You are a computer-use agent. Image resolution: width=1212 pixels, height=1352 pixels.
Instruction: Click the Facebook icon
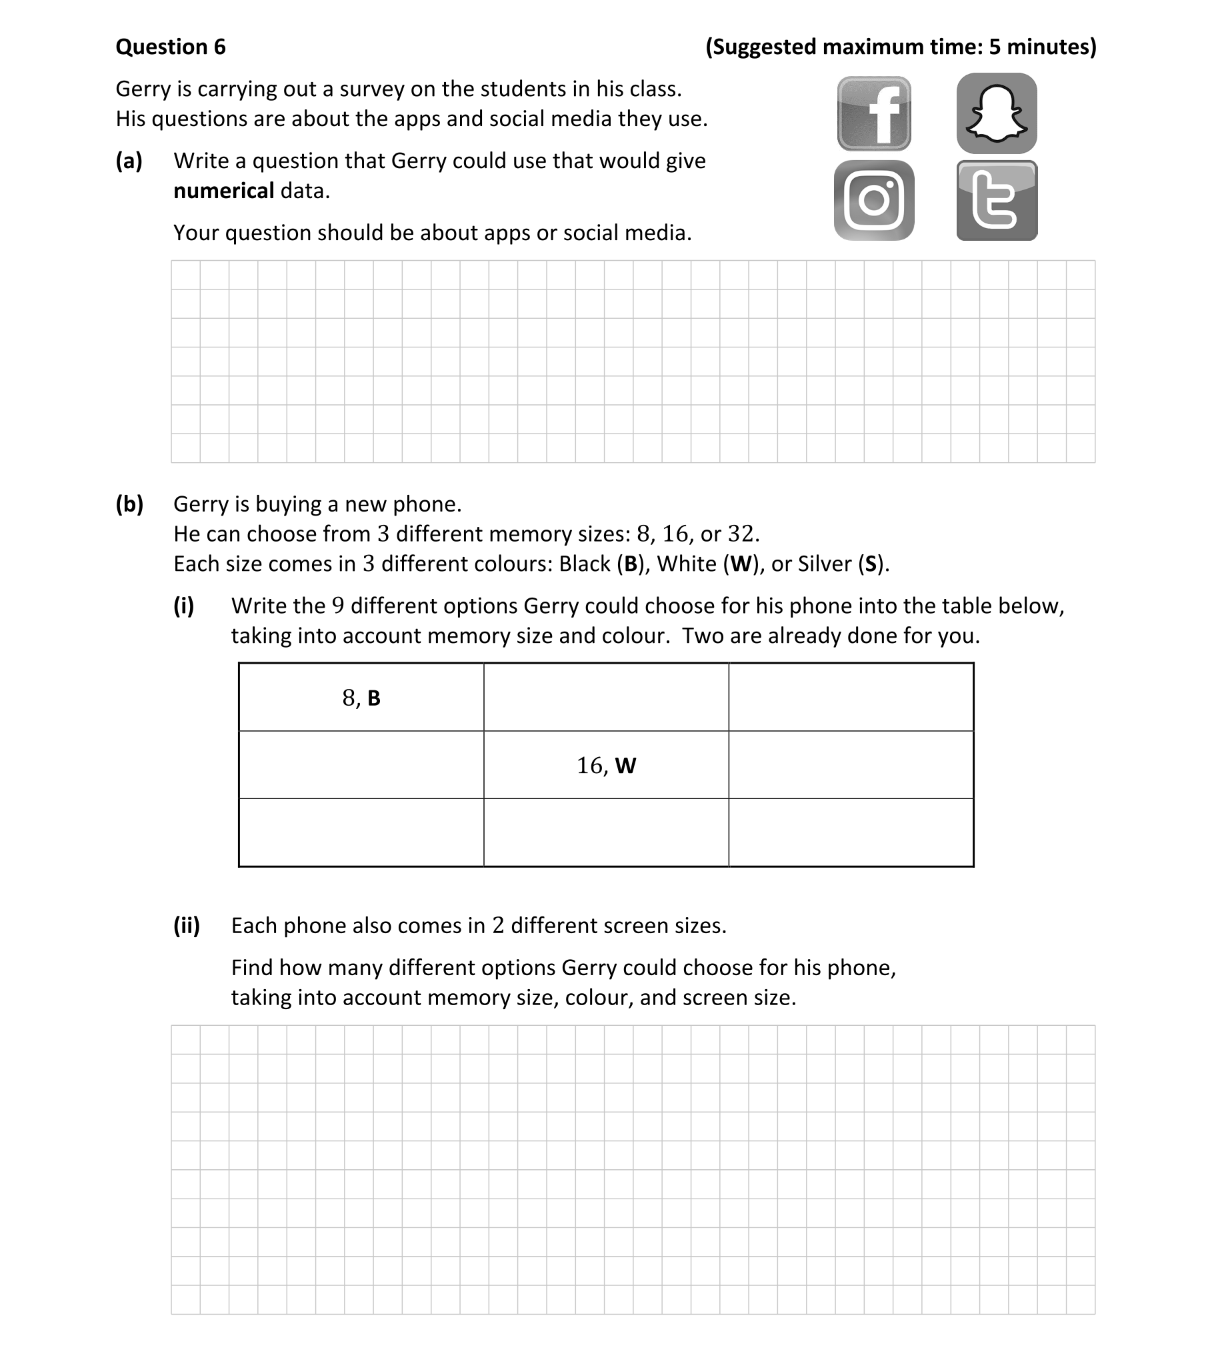click(874, 113)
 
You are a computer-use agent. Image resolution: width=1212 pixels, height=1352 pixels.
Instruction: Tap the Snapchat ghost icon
click(996, 113)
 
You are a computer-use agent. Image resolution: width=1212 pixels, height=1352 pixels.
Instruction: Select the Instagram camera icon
click(874, 200)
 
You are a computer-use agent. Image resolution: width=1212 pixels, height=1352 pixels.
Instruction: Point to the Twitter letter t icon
click(996, 200)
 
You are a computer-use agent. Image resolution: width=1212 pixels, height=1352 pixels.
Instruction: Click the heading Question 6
click(171, 47)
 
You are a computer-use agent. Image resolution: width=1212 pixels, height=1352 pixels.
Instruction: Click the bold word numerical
click(223, 191)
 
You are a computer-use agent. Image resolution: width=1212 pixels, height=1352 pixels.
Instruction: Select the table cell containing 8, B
click(361, 698)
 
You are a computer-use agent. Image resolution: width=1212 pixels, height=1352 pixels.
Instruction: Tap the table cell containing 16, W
click(606, 765)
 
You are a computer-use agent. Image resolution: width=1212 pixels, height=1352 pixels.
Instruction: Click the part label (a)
click(129, 161)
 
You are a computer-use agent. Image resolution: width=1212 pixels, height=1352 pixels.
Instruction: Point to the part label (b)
click(129, 504)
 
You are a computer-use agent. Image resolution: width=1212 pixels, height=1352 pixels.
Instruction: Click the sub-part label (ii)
click(187, 926)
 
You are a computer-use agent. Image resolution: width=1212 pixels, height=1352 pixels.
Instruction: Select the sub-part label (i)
click(184, 606)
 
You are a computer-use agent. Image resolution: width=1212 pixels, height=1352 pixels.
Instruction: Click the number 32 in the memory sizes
click(740, 534)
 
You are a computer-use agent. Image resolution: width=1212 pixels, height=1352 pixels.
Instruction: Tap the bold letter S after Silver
click(870, 564)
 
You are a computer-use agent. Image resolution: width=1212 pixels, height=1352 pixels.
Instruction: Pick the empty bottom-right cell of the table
click(851, 832)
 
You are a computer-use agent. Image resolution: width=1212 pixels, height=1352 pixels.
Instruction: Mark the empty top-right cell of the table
click(851, 698)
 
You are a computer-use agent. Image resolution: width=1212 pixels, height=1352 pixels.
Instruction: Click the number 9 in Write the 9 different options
click(338, 606)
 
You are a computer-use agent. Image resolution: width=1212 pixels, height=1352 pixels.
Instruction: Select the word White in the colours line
click(687, 564)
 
